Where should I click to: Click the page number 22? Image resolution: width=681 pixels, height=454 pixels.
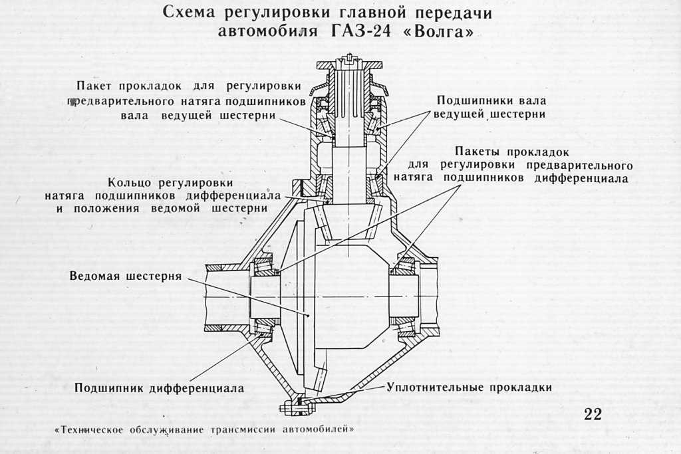tap(593, 414)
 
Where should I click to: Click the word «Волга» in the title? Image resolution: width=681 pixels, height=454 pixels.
tap(442, 31)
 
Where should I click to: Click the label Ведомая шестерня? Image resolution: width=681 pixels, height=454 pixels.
tap(126, 276)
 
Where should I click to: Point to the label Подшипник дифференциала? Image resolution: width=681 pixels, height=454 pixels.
tap(160, 388)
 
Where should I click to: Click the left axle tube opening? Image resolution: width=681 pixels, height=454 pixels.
tap(223, 296)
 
